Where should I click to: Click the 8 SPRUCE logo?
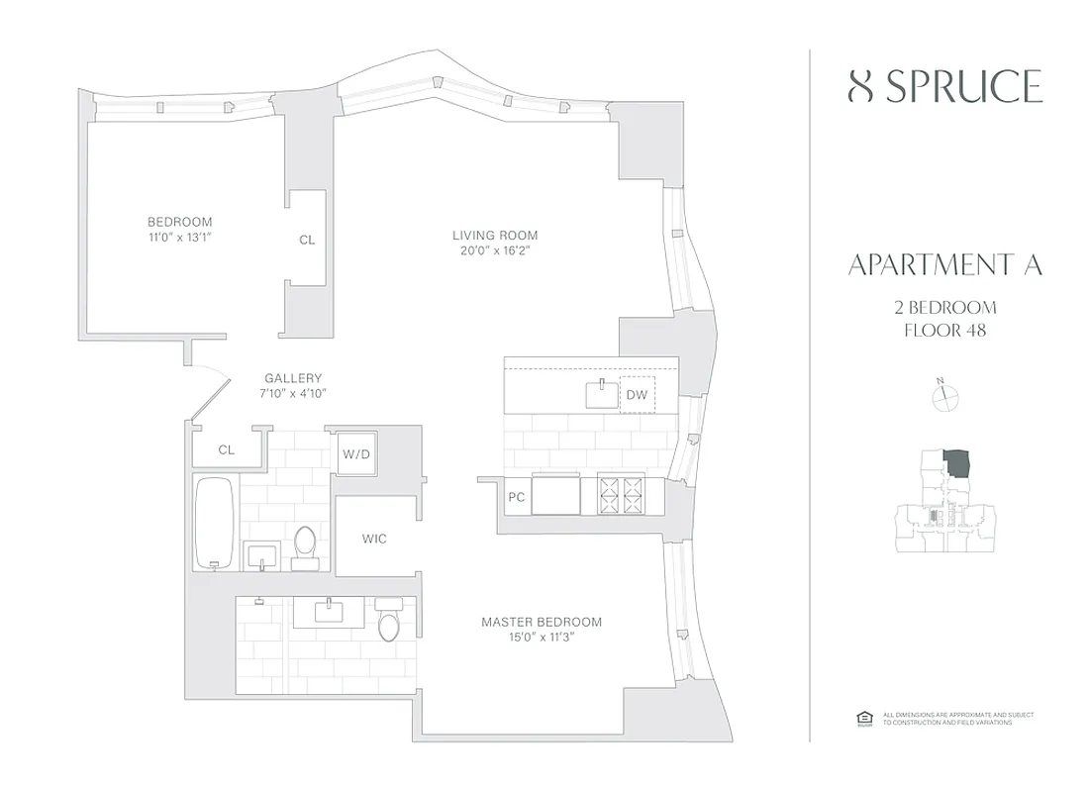pyautogui.click(x=945, y=87)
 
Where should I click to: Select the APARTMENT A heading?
pyautogui.click(x=945, y=265)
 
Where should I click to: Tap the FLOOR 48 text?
pyautogui.click(x=945, y=330)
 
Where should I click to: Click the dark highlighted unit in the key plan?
pyautogui.click(x=956, y=462)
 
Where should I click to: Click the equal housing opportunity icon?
pyautogui.click(x=861, y=718)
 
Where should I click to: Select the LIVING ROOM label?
pyautogui.click(x=495, y=236)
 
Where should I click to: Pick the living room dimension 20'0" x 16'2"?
pyautogui.click(x=495, y=251)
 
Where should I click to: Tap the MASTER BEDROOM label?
pyautogui.click(x=542, y=622)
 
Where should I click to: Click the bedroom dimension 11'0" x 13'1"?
pyautogui.click(x=179, y=238)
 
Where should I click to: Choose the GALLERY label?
pyautogui.click(x=293, y=378)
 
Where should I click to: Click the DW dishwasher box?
pyautogui.click(x=637, y=395)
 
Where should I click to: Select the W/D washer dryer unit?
pyautogui.click(x=355, y=454)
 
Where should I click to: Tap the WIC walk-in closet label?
pyautogui.click(x=373, y=539)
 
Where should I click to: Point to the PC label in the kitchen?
pyautogui.click(x=516, y=497)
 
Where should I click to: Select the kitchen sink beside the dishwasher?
pyautogui.click(x=600, y=394)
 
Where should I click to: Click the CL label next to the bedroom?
pyautogui.click(x=307, y=240)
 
